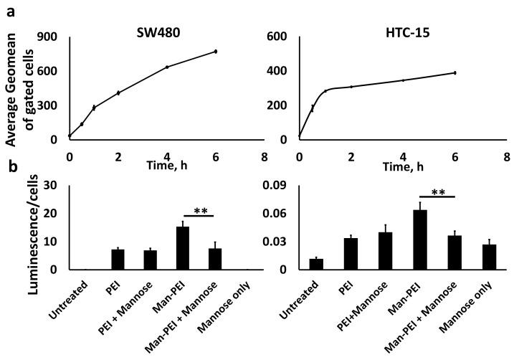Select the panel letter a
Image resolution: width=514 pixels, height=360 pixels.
(x=9, y=9)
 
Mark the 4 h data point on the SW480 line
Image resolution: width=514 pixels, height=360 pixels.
(x=167, y=67)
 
